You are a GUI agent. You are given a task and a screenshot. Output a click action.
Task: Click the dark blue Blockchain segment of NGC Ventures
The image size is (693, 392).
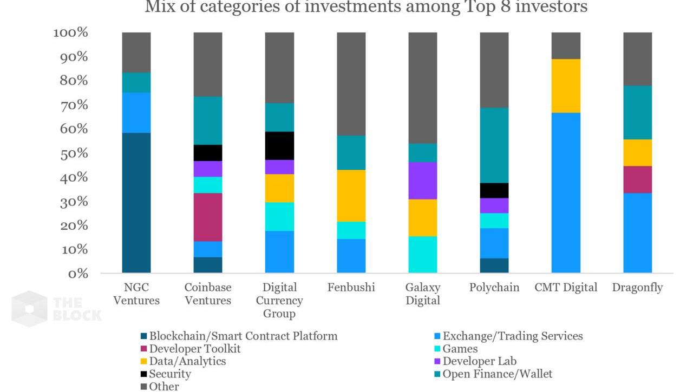coord(136,203)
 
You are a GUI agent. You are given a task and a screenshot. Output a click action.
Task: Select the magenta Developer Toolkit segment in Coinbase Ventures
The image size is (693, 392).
coord(208,217)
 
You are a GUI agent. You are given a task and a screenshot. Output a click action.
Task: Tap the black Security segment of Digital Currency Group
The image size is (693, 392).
coord(279,145)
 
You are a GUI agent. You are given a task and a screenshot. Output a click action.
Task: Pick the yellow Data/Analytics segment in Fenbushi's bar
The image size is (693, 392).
coord(351,196)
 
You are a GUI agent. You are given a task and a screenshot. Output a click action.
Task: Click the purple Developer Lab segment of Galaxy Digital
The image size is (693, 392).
coord(423,181)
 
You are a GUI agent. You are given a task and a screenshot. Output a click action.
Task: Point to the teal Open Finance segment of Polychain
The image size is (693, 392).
coord(494,145)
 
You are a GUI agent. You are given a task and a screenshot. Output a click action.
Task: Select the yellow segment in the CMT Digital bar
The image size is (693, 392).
coord(566,86)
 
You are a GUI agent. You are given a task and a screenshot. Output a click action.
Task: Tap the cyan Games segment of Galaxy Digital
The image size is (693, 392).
coord(423,255)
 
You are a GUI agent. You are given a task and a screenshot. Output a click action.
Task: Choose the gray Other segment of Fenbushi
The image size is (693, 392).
coord(351,84)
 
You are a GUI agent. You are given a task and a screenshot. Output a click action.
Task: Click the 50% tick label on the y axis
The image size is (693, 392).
coord(70,154)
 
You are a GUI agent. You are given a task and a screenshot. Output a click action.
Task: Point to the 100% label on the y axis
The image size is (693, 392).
coord(70,33)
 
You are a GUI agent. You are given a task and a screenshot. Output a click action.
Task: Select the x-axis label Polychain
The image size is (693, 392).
coord(494,288)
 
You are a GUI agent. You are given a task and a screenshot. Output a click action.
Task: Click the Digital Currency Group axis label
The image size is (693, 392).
coord(279,301)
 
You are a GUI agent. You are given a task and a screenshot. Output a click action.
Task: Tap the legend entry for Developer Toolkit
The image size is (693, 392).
coord(194,349)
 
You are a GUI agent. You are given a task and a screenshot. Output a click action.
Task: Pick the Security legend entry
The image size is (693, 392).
coord(169,374)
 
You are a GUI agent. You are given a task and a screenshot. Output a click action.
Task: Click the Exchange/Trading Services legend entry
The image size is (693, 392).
coord(512,336)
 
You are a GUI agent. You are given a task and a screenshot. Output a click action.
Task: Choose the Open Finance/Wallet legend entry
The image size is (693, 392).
coord(497,374)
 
